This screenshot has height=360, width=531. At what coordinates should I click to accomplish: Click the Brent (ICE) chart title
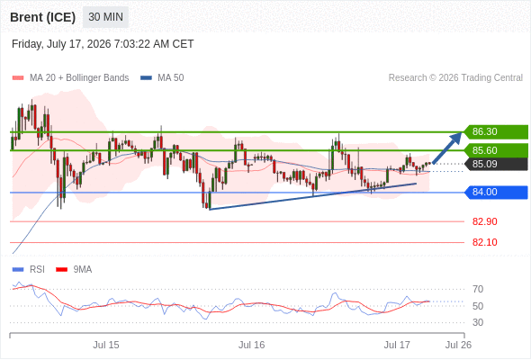tap(42, 17)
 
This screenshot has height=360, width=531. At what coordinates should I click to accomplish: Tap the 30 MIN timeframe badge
tap(105, 17)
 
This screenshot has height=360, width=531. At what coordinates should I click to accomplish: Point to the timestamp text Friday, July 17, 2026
tap(61, 44)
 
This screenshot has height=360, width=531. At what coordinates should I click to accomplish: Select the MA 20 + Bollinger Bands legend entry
tap(70, 78)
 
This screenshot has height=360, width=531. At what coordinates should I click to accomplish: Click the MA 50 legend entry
tap(162, 78)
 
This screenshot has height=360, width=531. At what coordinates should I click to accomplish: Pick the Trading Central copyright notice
tap(455, 78)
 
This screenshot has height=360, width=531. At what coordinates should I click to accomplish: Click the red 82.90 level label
tap(484, 221)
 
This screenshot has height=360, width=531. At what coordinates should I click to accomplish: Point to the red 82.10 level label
tap(484, 242)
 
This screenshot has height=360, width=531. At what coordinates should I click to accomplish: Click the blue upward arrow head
tap(458, 136)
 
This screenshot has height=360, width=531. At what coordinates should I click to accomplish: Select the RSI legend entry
tap(29, 270)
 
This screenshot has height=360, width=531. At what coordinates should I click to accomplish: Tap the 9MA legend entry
tap(74, 270)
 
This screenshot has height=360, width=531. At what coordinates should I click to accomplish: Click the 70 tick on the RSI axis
tap(478, 289)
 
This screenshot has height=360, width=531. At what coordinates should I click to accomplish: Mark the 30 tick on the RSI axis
tap(478, 322)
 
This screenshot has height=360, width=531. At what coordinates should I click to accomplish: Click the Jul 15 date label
tap(106, 345)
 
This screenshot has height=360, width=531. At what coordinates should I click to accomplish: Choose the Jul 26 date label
tap(458, 345)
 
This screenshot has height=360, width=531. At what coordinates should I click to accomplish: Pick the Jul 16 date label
tap(252, 345)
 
